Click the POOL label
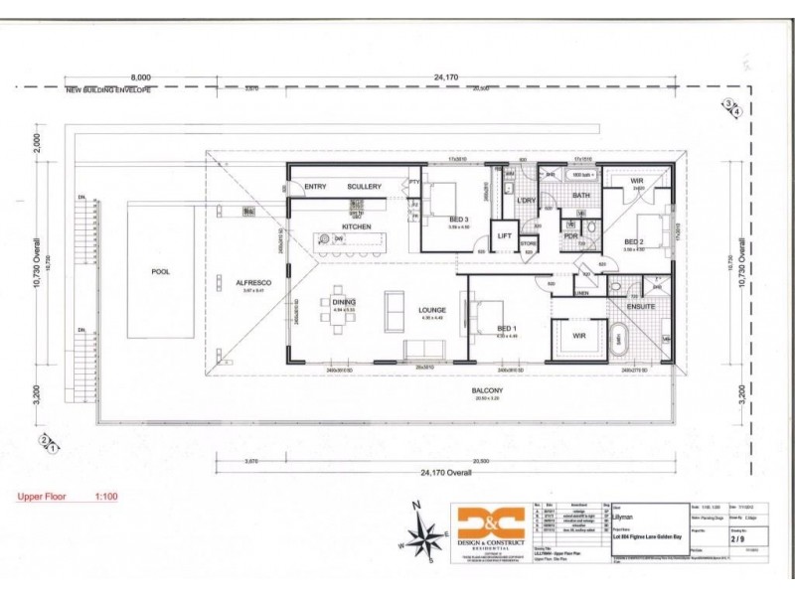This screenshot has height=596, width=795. (x=160, y=270)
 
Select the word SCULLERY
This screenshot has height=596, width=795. (x=364, y=186)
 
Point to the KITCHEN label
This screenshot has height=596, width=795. (x=357, y=226)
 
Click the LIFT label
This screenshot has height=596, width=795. (x=505, y=235)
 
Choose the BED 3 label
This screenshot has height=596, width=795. (x=458, y=220)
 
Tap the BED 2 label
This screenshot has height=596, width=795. (x=635, y=241)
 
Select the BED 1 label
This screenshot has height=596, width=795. (x=507, y=328)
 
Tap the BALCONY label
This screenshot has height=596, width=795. (x=486, y=390)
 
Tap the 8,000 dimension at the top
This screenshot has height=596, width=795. (x=141, y=76)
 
